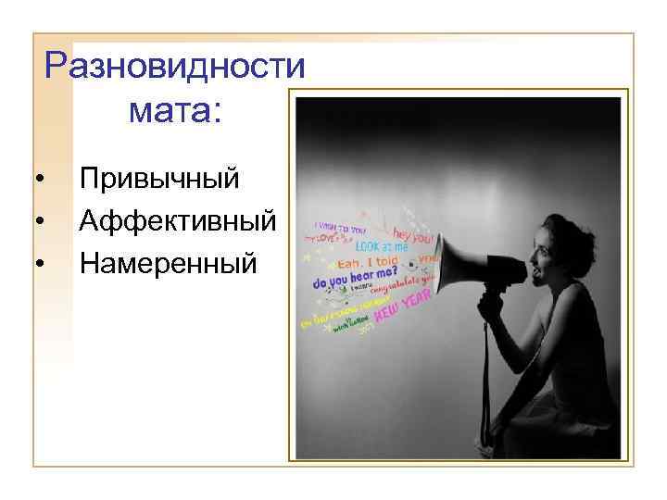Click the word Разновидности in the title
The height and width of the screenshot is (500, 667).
point(175,67)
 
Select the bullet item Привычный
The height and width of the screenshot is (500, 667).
point(159,177)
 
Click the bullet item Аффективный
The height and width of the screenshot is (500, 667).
point(177,220)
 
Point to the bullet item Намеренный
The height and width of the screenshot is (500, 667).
point(167,264)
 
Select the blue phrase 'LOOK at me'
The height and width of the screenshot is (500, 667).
point(381,247)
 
